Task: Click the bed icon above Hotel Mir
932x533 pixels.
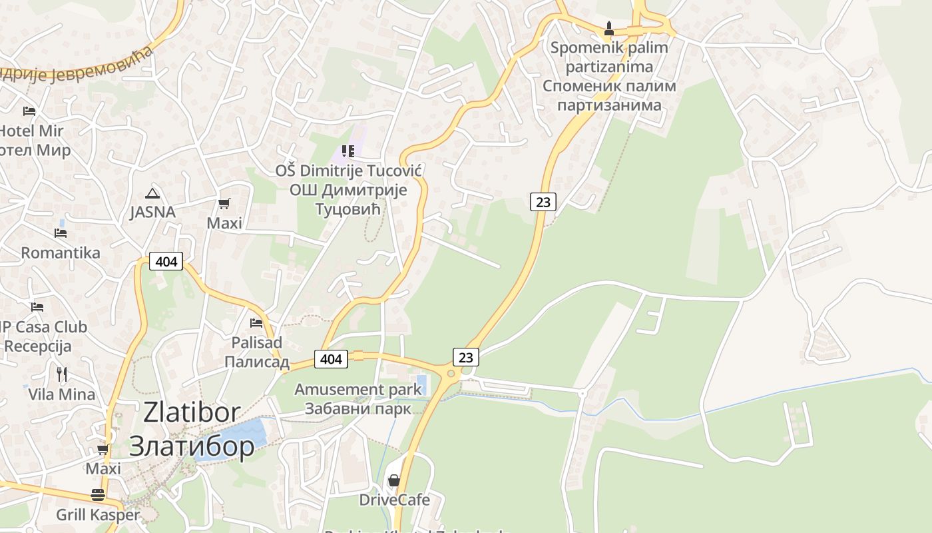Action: tap(29, 111)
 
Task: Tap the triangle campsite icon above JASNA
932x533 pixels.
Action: tap(152, 194)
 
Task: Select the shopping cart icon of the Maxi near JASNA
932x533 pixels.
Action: tap(224, 203)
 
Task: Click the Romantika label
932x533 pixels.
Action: tap(61, 253)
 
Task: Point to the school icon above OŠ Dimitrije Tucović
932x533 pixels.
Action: tap(348, 151)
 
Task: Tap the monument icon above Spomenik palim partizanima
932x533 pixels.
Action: tap(608, 29)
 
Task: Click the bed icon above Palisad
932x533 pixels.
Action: tap(256, 323)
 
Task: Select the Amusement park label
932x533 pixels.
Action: tap(357, 389)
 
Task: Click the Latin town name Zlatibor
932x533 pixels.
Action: tap(192, 412)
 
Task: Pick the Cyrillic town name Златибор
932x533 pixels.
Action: tap(192, 446)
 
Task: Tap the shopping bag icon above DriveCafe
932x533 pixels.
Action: tap(394, 480)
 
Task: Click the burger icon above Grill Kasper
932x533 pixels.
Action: tap(98, 495)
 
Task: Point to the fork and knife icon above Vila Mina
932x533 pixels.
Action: tap(62, 374)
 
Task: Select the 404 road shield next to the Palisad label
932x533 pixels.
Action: tap(331, 359)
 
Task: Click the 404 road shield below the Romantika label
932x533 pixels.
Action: tap(166, 261)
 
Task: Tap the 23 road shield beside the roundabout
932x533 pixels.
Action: tap(466, 357)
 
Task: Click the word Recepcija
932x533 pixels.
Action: tap(37, 346)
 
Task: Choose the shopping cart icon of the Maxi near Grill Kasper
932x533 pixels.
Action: tap(103, 450)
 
